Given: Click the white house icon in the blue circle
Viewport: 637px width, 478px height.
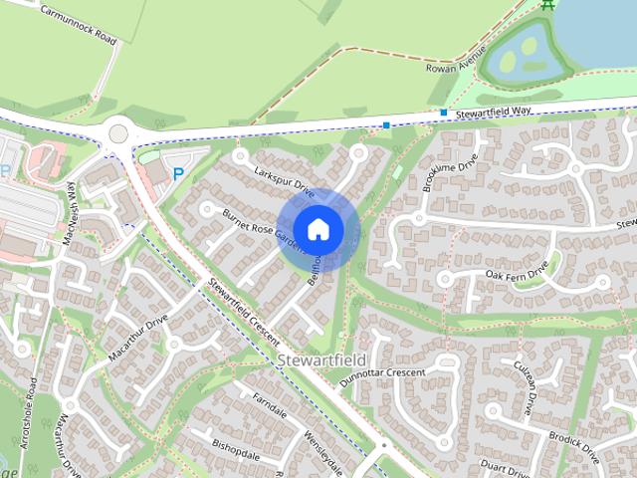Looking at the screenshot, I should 318,229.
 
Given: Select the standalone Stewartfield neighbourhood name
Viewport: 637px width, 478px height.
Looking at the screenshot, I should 322,358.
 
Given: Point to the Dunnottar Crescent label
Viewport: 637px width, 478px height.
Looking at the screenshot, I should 382,373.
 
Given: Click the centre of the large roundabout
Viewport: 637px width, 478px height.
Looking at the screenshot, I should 118,131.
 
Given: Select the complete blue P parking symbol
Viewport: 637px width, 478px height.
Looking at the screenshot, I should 178,173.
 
